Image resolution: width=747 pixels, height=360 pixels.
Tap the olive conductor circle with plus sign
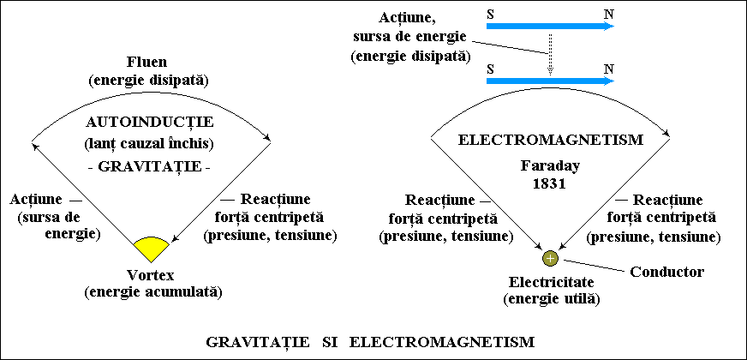click(x=550, y=259)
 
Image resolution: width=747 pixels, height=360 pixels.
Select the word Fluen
click(x=149, y=63)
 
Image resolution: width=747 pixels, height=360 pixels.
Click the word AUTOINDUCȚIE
click(x=150, y=123)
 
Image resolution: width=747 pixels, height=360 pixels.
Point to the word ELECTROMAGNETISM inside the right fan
click(x=551, y=141)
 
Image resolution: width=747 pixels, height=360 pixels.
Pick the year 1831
click(x=550, y=184)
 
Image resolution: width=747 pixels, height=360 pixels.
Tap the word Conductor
click(x=667, y=272)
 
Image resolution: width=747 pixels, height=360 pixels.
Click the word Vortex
click(x=151, y=275)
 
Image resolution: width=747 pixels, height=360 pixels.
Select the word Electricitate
click(x=551, y=282)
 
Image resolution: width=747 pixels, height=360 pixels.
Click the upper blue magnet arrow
click(x=550, y=26)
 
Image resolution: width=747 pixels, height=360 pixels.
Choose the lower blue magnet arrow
click(x=550, y=81)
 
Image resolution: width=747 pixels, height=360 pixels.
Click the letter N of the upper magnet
click(x=608, y=14)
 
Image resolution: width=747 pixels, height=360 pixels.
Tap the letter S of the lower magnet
click(x=490, y=69)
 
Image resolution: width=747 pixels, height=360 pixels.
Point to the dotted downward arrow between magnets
click(x=550, y=54)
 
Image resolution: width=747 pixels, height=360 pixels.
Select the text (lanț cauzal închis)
click(x=150, y=143)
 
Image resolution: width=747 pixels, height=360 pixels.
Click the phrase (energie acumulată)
click(x=153, y=291)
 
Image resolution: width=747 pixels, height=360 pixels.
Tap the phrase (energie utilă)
click(x=551, y=299)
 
